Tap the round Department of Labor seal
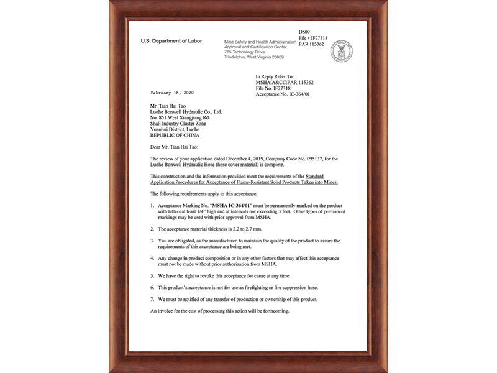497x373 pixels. point(341,51)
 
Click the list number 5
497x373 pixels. point(152,275)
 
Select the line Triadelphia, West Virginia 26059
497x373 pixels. point(254,57)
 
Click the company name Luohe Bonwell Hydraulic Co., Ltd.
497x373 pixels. point(187,111)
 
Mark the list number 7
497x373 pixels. point(152,299)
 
